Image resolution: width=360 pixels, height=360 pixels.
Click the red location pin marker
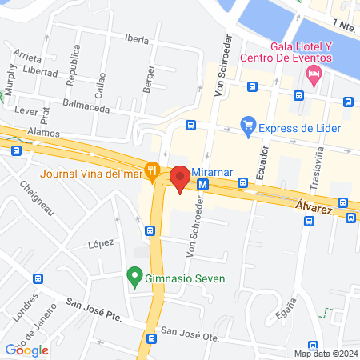[180, 178]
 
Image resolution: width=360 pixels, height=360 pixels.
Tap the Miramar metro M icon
[203, 183]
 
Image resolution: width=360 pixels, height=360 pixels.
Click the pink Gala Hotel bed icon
[314, 76]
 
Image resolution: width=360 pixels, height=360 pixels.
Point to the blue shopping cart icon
[248, 126]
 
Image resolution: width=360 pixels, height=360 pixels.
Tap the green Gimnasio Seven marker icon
[134, 279]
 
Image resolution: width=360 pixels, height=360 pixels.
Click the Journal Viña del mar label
[91, 170]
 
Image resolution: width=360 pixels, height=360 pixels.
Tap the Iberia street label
[137, 38]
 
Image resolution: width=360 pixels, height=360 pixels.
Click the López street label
[102, 242]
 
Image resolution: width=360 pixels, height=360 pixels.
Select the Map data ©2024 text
[325, 354]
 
